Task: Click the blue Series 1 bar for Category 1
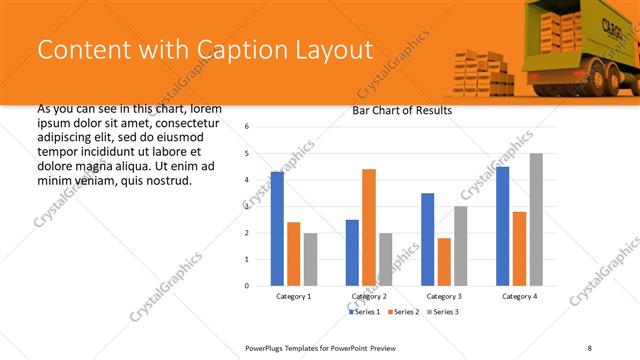pyautogui.click(x=277, y=229)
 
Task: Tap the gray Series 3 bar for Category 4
pyautogui.click(x=536, y=219)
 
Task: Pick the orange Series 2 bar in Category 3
pyautogui.click(x=443, y=262)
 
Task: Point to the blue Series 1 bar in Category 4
pyautogui.click(x=502, y=226)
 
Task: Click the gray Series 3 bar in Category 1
pyautogui.click(x=310, y=259)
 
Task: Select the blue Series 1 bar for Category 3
pyautogui.click(x=427, y=239)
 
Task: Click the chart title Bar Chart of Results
pyautogui.click(x=402, y=110)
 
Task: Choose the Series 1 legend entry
pyautogui.click(x=363, y=312)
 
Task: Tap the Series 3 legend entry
pyautogui.click(x=442, y=312)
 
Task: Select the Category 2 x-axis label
pyautogui.click(x=368, y=297)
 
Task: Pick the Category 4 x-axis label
pyautogui.click(x=518, y=297)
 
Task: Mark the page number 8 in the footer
pyautogui.click(x=589, y=347)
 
